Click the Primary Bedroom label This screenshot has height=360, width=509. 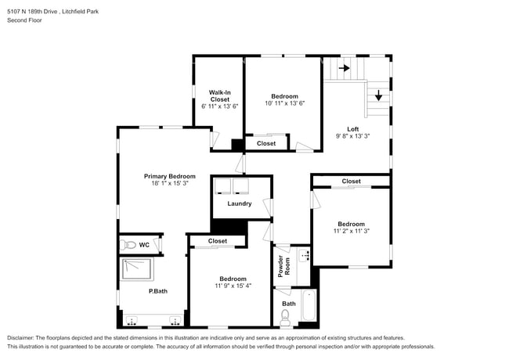pos(169,176)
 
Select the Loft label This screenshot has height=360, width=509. pos(353,129)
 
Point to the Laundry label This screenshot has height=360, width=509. pos(240,203)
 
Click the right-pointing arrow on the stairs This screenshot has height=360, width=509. pos(344,68)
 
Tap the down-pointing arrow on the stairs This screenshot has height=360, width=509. pos(379,95)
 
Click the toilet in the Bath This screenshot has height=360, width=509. pos(286,316)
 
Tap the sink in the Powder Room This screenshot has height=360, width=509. pos(305,254)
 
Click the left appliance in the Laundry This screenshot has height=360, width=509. pos(223,185)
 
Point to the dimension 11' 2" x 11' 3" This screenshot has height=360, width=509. pos(351,232)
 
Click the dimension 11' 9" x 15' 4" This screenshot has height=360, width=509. pos(233,286)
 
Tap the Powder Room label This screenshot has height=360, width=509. pos(282,267)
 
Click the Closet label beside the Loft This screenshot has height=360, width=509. pos(351,182)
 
